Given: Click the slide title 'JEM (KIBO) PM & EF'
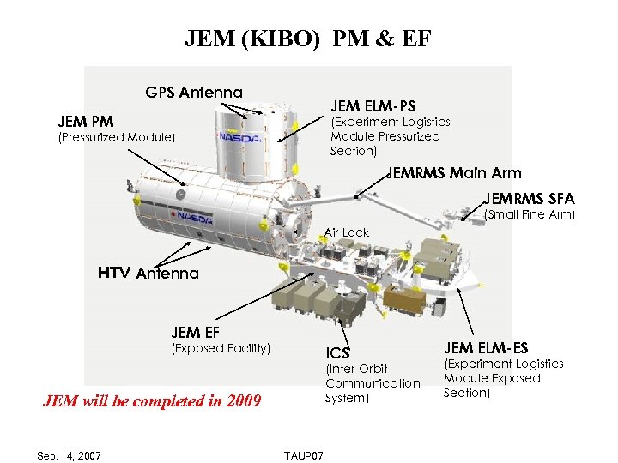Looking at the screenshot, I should click(x=308, y=39).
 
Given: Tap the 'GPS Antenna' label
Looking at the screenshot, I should click(x=194, y=92).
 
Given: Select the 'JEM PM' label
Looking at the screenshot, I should click(x=86, y=121).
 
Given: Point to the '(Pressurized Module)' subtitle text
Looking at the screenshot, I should click(x=116, y=136).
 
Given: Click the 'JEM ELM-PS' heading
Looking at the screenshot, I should click(x=373, y=106).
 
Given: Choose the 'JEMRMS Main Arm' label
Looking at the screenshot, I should click(x=454, y=172).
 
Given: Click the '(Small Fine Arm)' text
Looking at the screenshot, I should click(x=530, y=213).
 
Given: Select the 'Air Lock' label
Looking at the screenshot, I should click(x=347, y=232).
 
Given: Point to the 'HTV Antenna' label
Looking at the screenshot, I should click(x=148, y=274).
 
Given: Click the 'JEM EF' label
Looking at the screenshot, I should click(x=197, y=333).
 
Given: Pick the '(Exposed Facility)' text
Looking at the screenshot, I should click(x=221, y=347).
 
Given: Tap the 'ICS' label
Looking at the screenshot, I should click(x=337, y=352).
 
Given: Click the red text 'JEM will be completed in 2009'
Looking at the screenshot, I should click(x=152, y=400).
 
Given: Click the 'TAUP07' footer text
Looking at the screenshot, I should click(x=303, y=455).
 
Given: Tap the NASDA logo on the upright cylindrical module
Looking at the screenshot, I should click(x=235, y=136).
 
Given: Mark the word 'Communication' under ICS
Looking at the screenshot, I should click(x=373, y=383).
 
